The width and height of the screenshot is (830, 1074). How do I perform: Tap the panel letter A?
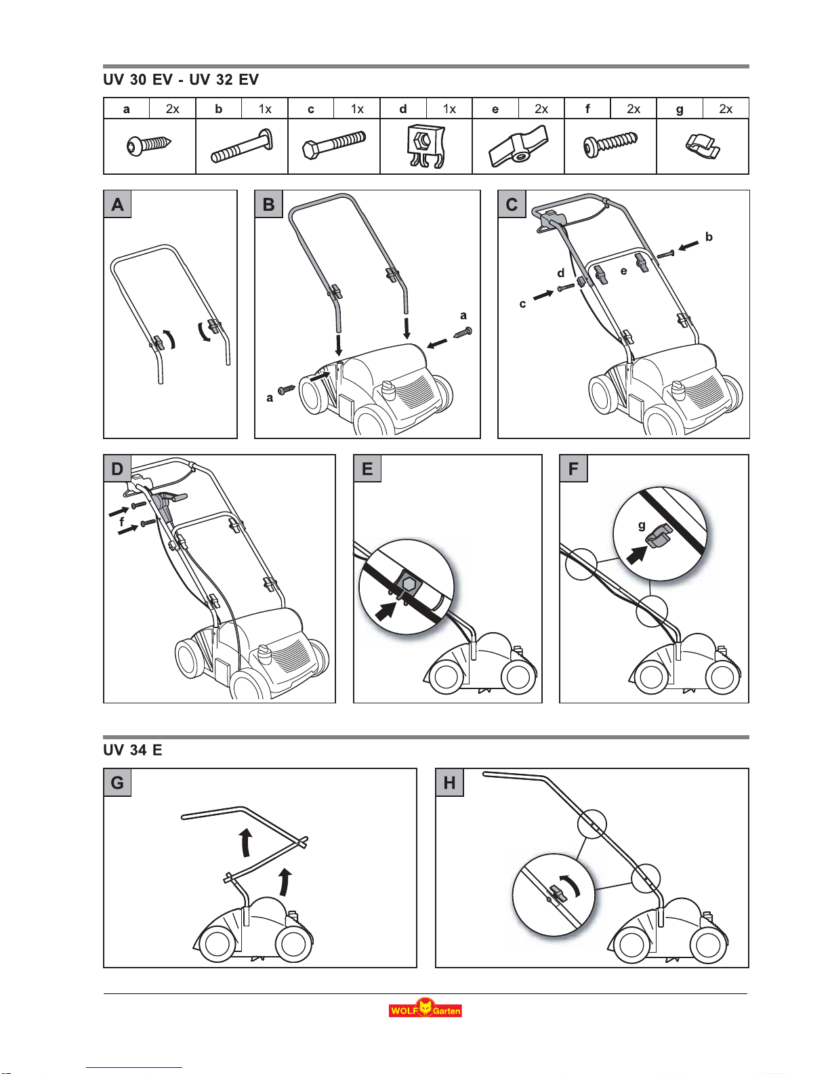[118, 204]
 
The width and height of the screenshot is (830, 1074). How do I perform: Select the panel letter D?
[117, 469]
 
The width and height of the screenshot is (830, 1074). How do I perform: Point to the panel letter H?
[449, 783]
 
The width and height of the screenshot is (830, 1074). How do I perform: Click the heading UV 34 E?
[133, 750]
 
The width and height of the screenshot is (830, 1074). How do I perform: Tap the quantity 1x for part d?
[449, 109]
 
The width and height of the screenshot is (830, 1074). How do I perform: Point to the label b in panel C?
[709, 237]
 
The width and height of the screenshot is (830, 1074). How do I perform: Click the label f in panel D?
[122, 522]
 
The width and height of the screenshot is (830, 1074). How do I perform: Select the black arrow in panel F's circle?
[636, 556]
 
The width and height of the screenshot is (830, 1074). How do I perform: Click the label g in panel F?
[642, 525]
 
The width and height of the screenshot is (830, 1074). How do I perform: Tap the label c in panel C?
[522, 304]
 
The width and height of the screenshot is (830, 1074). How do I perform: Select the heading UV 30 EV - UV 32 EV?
[181, 80]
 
